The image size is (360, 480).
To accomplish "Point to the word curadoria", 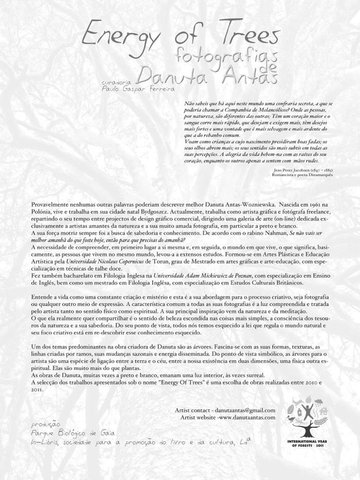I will [x=117, y=82].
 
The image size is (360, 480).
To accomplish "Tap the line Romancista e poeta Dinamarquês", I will [x=302, y=175].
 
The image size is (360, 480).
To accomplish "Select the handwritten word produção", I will [x=46, y=424].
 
